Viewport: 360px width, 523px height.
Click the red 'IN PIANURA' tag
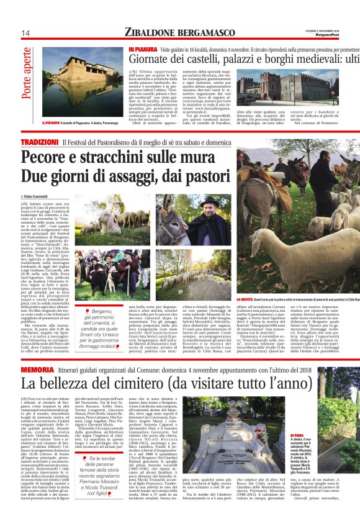pyautogui.click(x=142, y=48)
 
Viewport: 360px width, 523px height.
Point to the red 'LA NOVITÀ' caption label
pyautogui.click(x=241, y=317)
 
